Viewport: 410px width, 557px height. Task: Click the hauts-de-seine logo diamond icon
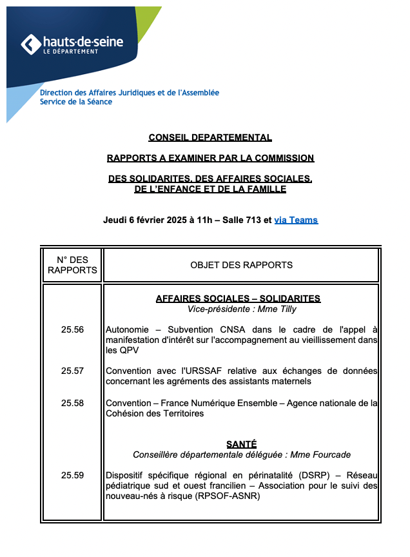(30, 44)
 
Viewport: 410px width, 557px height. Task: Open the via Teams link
(296, 220)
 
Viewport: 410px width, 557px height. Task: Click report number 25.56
(72, 329)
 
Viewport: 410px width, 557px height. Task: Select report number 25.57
(72, 371)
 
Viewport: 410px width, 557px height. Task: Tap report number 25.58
(72, 403)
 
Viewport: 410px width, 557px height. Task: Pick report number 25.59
(72, 476)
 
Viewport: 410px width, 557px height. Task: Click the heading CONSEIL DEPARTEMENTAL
(210, 137)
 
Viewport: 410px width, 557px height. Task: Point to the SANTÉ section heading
(242, 444)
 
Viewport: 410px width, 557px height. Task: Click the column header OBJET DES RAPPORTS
(241, 265)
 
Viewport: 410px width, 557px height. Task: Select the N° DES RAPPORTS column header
(72, 265)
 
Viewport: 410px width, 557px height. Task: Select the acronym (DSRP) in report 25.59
(290, 476)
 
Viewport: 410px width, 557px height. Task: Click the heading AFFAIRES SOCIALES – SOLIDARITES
(238, 298)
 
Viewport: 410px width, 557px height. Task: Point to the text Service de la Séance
(76, 102)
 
